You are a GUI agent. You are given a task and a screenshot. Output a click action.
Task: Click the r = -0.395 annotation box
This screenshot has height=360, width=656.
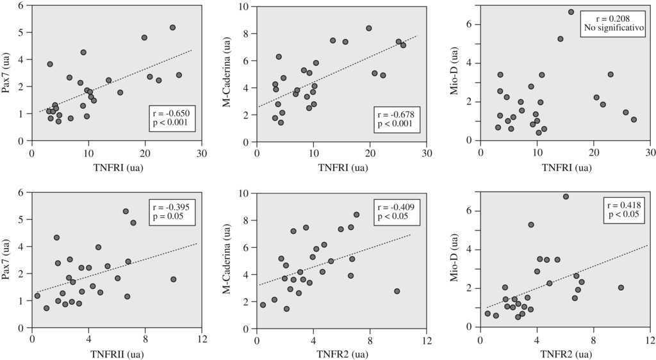pyautogui.click(x=170, y=211)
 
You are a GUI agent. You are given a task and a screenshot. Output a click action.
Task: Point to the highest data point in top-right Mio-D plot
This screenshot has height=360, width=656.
pyautogui.click(x=571, y=12)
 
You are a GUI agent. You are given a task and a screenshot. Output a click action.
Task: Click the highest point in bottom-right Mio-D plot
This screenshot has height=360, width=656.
pyautogui.click(x=566, y=197)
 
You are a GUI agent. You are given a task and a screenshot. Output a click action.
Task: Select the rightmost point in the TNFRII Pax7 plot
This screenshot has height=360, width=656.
pyautogui.click(x=174, y=279)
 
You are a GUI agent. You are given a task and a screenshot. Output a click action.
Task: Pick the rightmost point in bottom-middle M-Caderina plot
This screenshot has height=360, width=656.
pyautogui.click(x=397, y=291)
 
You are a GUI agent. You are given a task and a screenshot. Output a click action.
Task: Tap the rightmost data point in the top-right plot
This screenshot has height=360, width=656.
pyautogui.click(x=634, y=120)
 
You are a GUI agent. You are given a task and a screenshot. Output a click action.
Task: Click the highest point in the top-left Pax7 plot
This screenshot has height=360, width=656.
pyautogui.click(x=172, y=28)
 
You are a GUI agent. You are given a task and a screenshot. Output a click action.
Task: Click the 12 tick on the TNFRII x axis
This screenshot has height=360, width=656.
pyautogui.click(x=202, y=339)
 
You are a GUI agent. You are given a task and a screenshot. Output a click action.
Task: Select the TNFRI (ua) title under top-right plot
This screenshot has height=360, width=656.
pyautogui.click(x=566, y=168)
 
